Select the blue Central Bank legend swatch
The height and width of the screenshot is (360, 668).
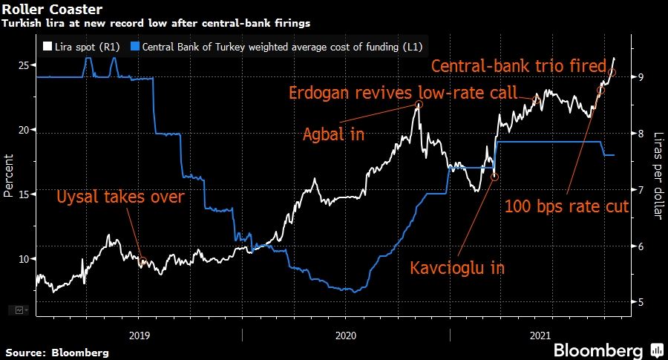point(134,46)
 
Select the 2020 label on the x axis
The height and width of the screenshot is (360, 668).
point(346,335)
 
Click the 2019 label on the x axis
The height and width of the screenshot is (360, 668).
point(139,335)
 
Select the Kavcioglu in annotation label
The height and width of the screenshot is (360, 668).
point(457,267)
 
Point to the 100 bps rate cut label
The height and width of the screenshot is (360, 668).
point(567,206)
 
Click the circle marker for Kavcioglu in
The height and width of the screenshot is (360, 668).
point(495,177)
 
